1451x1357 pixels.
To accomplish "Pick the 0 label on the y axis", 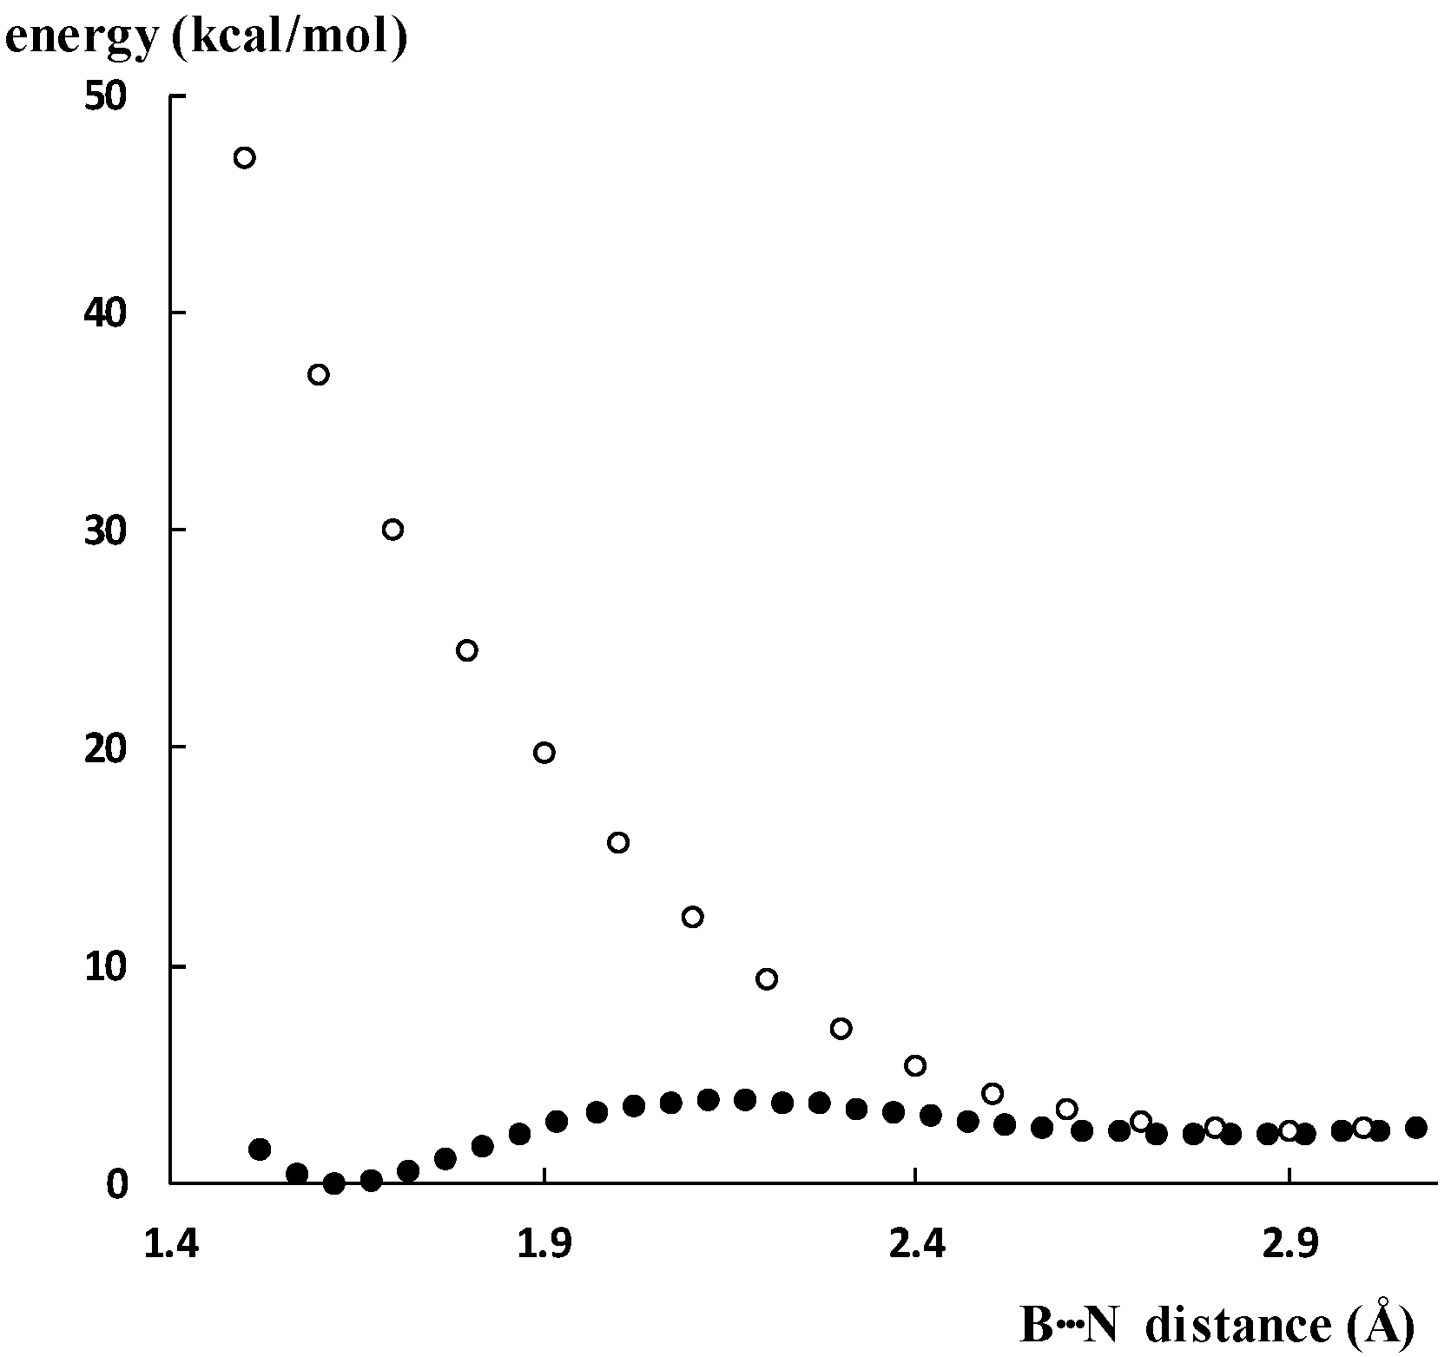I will pyautogui.click(x=116, y=1183).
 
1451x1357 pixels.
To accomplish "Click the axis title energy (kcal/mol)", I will pyautogui.click(x=206, y=39).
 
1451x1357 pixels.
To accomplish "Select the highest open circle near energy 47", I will pyautogui.click(x=244, y=157).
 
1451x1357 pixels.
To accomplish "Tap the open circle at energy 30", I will pyautogui.click(x=392, y=530).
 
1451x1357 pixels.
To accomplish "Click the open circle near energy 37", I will pyautogui.click(x=319, y=374).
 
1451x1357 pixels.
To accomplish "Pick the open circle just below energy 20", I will pyautogui.click(x=544, y=752).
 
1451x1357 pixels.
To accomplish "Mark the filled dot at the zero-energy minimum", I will pyautogui.click(x=334, y=1182).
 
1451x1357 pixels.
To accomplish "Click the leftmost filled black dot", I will pyautogui.click(x=260, y=1149).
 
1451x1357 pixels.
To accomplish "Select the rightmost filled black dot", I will pyautogui.click(x=1416, y=1128).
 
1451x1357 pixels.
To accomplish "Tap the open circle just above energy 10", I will pyautogui.click(x=692, y=916).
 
